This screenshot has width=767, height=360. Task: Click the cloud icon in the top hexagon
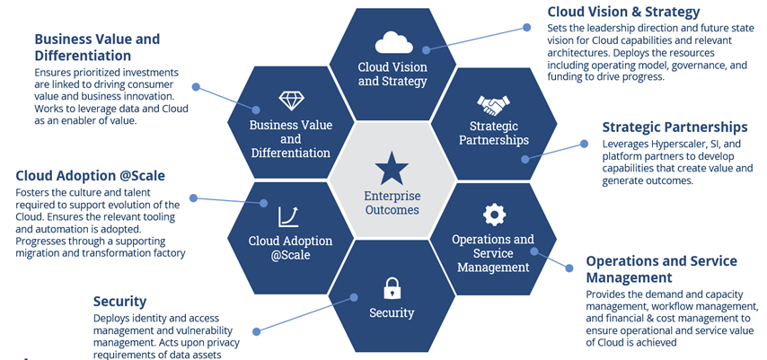[x=392, y=42]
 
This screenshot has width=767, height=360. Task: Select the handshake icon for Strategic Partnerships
[x=494, y=105]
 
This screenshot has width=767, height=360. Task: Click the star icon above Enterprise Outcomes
[x=392, y=168]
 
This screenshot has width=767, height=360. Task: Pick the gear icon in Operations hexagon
[x=493, y=215]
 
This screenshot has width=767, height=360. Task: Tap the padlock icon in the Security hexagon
[x=392, y=288]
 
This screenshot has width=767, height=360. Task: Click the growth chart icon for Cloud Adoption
[x=289, y=216]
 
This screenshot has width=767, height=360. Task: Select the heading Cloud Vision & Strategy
[x=623, y=12]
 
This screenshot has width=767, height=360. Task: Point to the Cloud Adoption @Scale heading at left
[x=90, y=175]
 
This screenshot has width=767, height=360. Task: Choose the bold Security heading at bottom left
[x=119, y=302]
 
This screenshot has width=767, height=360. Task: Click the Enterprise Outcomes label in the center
[x=392, y=203]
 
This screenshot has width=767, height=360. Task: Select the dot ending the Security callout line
[x=256, y=330]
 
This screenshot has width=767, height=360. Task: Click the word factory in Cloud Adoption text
[x=166, y=253]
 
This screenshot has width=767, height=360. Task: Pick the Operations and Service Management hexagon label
[x=493, y=252]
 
